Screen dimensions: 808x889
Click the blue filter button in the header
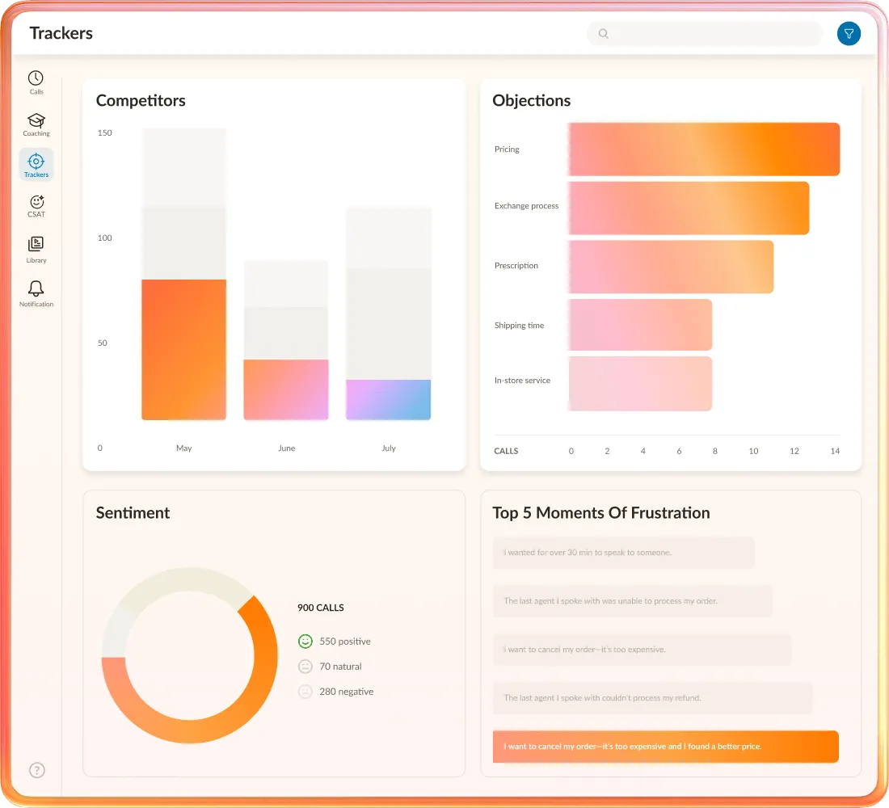pyautogui.click(x=849, y=33)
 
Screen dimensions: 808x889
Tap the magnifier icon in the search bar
pyautogui.click(x=603, y=34)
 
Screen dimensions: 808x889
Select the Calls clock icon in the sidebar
pyautogui.click(x=36, y=78)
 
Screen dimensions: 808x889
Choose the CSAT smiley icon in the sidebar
pyautogui.click(x=36, y=202)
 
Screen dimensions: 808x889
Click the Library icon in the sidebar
pyautogui.click(x=36, y=244)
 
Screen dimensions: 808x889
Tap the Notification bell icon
pyautogui.click(x=36, y=289)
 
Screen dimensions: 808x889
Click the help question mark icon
pyautogui.click(x=37, y=770)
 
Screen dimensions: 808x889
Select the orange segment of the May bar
pyautogui.click(x=183, y=349)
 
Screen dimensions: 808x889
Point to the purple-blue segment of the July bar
pyautogui.click(x=388, y=399)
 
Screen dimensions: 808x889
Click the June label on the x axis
pyautogui.click(x=286, y=448)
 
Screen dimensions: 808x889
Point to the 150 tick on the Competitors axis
pyautogui.click(x=104, y=133)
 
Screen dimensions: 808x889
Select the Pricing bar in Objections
pyautogui.click(x=703, y=149)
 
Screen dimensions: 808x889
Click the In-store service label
pyautogui.click(x=522, y=381)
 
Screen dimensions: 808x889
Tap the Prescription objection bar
pyautogui.click(x=670, y=267)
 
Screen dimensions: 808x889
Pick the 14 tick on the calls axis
pyautogui.click(x=835, y=451)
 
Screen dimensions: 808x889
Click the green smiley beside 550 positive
pyautogui.click(x=305, y=642)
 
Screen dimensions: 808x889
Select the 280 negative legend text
pyautogui.click(x=346, y=692)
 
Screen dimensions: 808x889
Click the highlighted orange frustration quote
pyautogui.click(x=665, y=747)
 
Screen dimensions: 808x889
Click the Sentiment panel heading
pyautogui.click(x=133, y=513)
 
